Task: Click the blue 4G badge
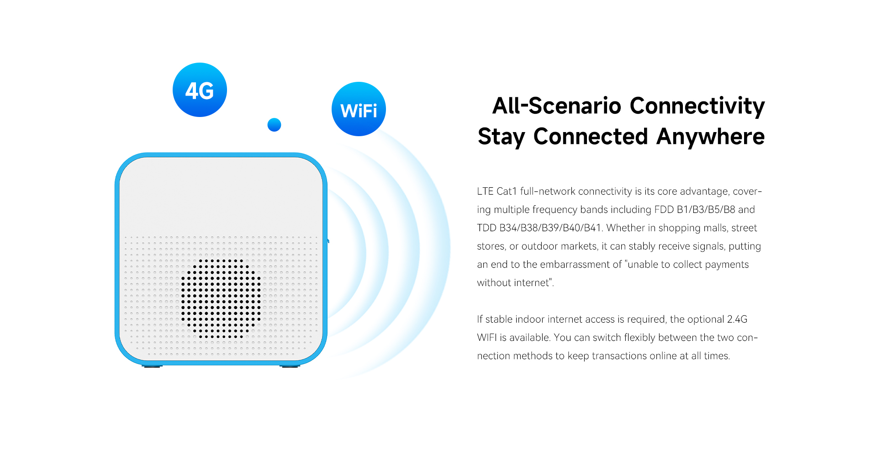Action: point(200,90)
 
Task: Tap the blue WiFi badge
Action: point(359,109)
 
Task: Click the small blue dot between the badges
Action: point(274,125)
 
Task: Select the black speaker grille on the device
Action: point(221,299)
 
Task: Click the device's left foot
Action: point(152,366)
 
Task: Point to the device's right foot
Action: point(290,366)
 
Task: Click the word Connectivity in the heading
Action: point(697,106)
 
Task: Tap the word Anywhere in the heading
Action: point(710,137)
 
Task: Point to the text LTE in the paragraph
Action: point(485,191)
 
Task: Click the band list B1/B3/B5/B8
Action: point(706,209)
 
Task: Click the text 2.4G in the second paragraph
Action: point(737,319)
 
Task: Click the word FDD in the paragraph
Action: point(664,209)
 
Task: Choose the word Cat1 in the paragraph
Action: point(507,191)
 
